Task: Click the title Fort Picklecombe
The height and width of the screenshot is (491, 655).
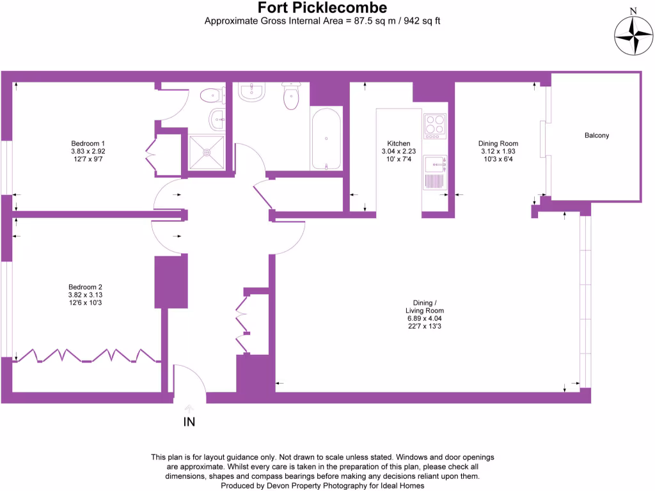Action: (x=322, y=8)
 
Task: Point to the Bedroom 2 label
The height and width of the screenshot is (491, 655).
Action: (x=86, y=287)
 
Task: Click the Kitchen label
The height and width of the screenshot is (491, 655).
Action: (x=399, y=143)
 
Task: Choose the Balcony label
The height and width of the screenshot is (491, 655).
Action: (x=596, y=136)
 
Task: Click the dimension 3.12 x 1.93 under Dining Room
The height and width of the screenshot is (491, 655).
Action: (x=498, y=152)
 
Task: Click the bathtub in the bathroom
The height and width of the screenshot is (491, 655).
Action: (x=327, y=138)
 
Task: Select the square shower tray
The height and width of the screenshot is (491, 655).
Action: (x=207, y=152)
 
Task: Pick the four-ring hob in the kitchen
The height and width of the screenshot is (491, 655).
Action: (x=435, y=126)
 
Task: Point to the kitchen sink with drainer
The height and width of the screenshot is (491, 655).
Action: (x=435, y=171)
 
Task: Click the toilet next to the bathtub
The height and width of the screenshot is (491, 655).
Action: (x=291, y=97)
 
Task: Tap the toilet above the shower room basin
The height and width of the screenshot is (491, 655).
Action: (x=210, y=95)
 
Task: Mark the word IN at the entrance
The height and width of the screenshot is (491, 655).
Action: (x=189, y=422)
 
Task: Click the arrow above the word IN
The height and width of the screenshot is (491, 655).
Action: (x=189, y=409)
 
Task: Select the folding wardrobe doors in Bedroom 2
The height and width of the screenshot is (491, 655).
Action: (x=86, y=355)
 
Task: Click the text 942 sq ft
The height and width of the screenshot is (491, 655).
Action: (x=420, y=21)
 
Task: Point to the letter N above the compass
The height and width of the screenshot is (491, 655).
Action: (x=633, y=11)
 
